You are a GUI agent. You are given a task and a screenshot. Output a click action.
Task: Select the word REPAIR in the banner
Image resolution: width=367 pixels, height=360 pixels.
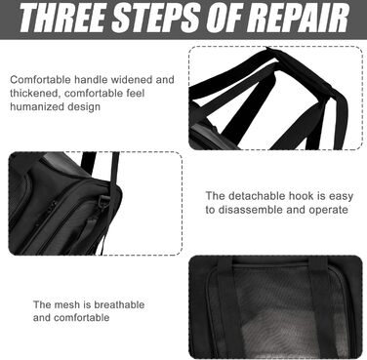click(300, 18)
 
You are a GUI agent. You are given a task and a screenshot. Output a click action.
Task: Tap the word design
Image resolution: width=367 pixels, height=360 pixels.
click(84, 107)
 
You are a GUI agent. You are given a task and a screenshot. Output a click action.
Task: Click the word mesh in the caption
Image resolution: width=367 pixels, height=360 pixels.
click(66, 304)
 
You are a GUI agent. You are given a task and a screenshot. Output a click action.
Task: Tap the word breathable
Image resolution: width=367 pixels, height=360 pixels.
click(119, 304)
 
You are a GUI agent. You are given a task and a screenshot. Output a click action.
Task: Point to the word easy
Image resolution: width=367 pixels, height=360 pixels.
click(341, 197)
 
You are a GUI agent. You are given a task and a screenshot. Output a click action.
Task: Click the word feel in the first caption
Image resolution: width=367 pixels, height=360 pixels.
click(133, 94)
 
